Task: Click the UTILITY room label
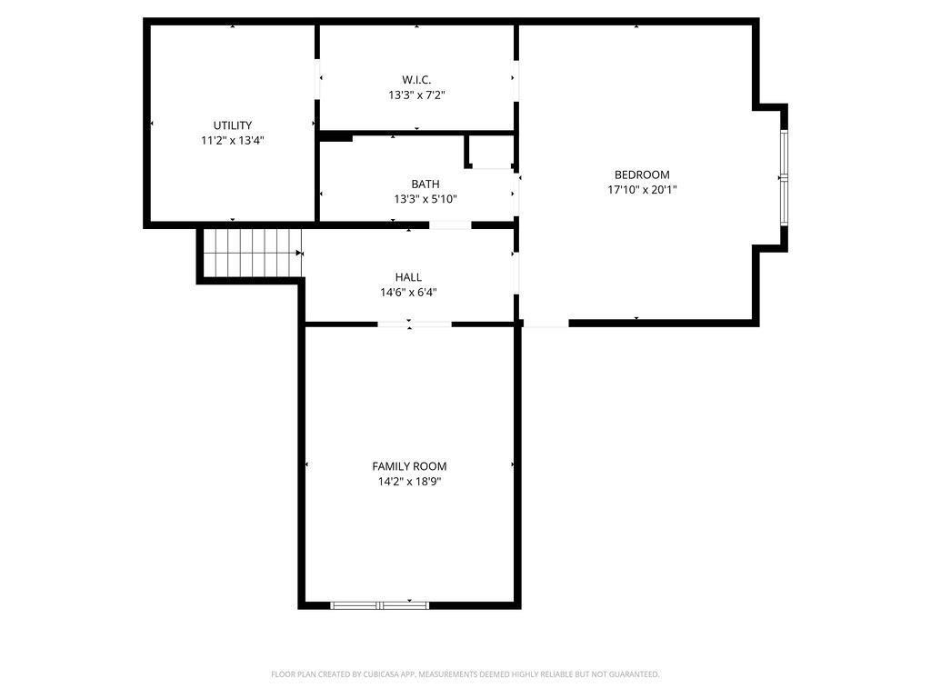coord(233,125)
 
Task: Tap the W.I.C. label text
coord(416,80)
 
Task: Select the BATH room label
coord(425,184)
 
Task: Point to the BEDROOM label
coord(642,174)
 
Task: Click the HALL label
coord(408,277)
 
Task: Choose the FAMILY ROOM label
coord(409,466)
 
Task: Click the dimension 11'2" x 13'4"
coord(233,141)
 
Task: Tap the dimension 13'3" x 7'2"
coord(416,95)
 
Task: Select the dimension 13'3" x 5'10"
coord(425,199)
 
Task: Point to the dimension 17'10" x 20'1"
coord(642,190)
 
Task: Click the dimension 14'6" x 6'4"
coord(408,293)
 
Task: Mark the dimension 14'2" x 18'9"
coord(409,482)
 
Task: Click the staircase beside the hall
coord(253,253)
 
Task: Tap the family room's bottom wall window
coord(379,605)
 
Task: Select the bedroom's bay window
coord(784,177)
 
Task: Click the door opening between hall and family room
coord(415,324)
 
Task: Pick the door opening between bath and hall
coord(450,225)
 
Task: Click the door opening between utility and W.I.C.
coord(317,78)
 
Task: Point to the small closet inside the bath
coord(490,152)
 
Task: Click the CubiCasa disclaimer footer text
coord(465,674)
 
